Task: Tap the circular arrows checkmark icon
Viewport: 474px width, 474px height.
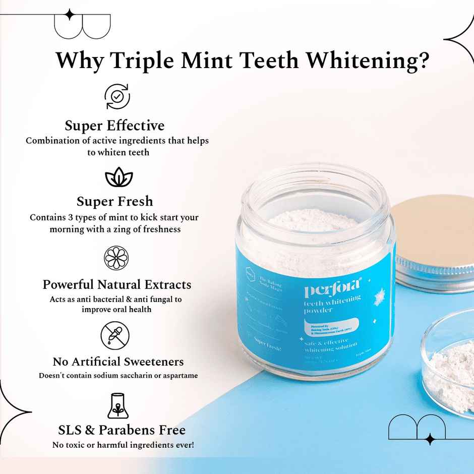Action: [x=117, y=96]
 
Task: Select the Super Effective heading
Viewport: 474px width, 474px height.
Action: [x=114, y=125]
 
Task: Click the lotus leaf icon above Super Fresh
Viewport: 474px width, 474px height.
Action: [x=118, y=179]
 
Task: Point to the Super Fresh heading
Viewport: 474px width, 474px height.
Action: [x=114, y=201]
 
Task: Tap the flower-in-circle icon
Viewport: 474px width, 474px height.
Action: [x=116, y=258]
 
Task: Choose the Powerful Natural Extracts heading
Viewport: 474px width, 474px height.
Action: [x=117, y=284]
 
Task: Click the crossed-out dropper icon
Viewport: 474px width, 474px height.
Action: [x=115, y=336]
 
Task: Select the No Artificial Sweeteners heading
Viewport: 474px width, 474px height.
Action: [x=118, y=362]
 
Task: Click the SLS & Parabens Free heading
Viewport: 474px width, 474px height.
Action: [x=122, y=430]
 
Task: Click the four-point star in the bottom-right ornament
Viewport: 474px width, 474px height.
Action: [x=430, y=439]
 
